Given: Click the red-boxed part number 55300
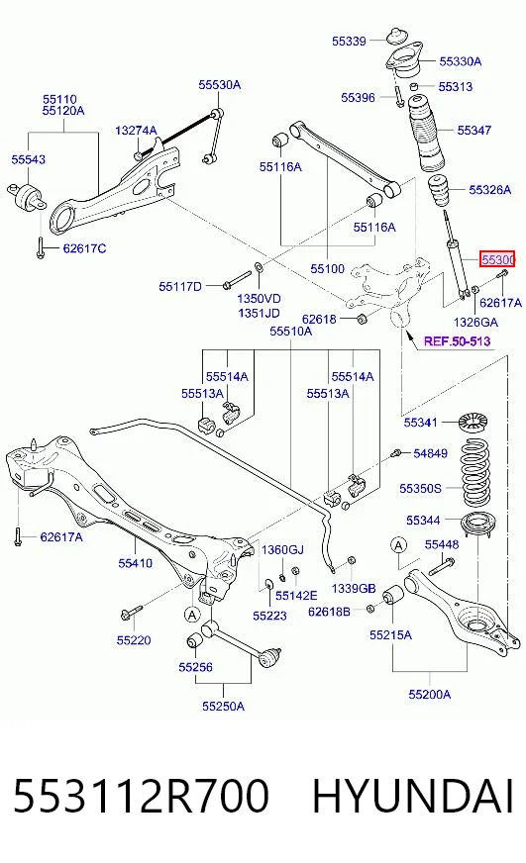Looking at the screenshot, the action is pyautogui.click(x=497, y=258).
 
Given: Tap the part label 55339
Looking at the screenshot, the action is pyautogui.click(x=349, y=41).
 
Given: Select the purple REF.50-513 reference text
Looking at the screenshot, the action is pyautogui.click(x=457, y=341).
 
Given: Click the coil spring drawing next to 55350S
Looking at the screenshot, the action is pyautogui.click(x=474, y=473).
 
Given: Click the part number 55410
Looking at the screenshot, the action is pyautogui.click(x=135, y=563).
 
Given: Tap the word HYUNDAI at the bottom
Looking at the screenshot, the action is pyautogui.click(x=413, y=797).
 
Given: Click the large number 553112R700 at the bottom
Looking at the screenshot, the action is pyautogui.click(x=141, y=797).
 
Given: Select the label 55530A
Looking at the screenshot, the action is pyautogui.click(x=220, y=85).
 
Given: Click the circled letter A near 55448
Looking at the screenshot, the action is pyautogui.click(x=398, y=545).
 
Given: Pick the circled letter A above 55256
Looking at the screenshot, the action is pyautogui.click(x=191, y=614).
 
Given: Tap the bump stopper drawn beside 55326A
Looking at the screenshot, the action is pyautogui.click(x=439, y=192).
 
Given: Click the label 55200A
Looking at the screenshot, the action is pyautogui.click(x=430, y=694).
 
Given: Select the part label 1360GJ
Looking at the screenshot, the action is pyautogui.click(x=282, y=550).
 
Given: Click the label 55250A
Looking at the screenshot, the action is pyautogui.click(x=223, y=706).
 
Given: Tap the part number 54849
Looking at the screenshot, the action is pyautogui.click(x=430, y=453).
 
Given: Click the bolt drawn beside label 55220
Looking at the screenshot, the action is pyautogui.click(x=131, y=612).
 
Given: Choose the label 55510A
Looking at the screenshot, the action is pyautogui.click(x=291, y=331).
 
